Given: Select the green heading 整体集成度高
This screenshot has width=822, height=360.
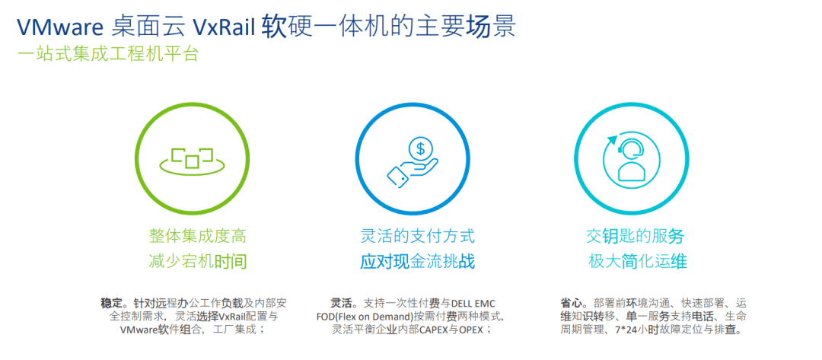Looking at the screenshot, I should click(197, 236).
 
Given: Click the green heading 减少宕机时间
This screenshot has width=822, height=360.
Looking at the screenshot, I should click(197, 262).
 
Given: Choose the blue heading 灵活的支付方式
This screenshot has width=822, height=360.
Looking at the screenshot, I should click(417, 236).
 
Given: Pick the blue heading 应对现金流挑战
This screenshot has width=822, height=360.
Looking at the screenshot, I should click(417, 262).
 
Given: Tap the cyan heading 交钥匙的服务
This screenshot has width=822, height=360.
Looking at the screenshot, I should click(635, 236).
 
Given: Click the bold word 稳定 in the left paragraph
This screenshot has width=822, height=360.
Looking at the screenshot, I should click(111, 302).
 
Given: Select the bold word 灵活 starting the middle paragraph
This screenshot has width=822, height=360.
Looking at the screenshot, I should click(340, 302).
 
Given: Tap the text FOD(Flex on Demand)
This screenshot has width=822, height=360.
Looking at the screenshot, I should click(365, 316).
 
